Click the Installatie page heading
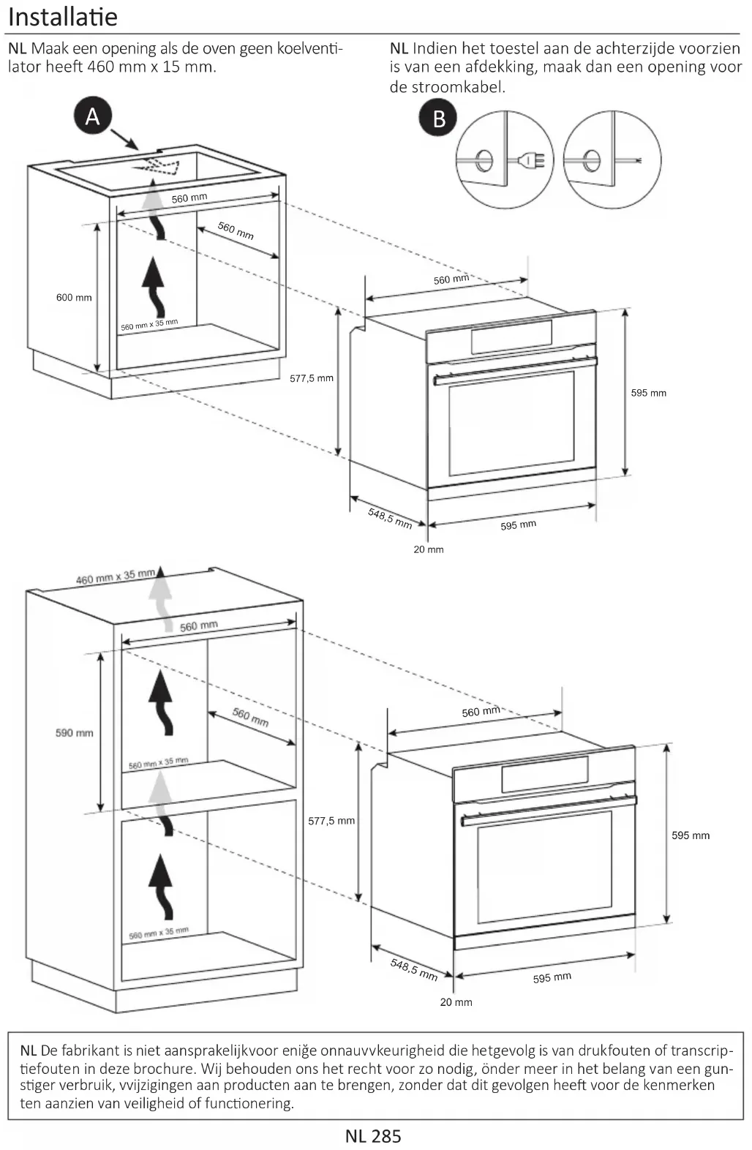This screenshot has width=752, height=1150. pos(63,17)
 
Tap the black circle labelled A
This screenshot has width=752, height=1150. pos(92,116)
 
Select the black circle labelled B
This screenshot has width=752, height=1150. pos(439,119)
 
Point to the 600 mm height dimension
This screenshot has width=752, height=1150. pos(74,298)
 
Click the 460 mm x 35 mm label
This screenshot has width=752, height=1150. pos(116,577)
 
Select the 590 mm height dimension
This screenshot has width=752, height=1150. pos(75,733)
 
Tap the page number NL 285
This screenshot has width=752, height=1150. pos(373,1135)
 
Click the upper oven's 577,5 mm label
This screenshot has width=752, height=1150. pos(312,378)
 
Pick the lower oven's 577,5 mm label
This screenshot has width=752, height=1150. pos(331,821)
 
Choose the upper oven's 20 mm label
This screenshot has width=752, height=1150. pos(429,549)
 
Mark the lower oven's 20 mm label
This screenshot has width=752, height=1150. pos(456,1002)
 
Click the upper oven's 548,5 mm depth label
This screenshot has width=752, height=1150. pos(390,518)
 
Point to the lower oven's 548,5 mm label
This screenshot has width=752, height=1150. pos(414,971)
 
